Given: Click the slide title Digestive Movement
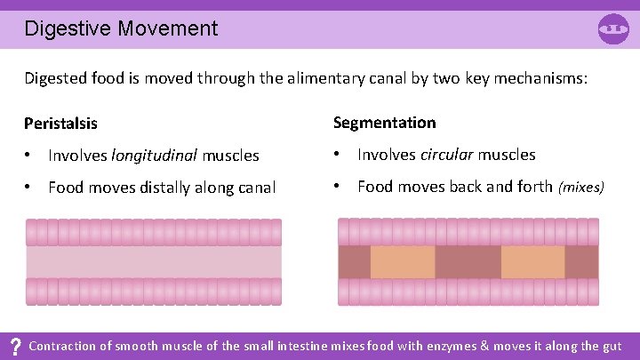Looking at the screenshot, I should tap(121, 28).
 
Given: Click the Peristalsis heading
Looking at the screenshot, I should tap(60, 123).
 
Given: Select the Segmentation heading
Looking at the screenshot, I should tap(384, 122).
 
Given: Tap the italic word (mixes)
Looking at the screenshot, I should tap(580, 187).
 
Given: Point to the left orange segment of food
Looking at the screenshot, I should tap(402, 262).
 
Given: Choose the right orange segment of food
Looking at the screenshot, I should tap(532, 262).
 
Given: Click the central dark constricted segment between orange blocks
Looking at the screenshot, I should tap(468, 262).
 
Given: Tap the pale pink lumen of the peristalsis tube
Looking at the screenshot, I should tap(153, 262).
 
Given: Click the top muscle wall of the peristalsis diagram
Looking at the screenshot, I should tap(153, 233).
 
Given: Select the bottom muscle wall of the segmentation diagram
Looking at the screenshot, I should tap(468, 292).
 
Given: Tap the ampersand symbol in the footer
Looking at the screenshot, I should tap(485, 346).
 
